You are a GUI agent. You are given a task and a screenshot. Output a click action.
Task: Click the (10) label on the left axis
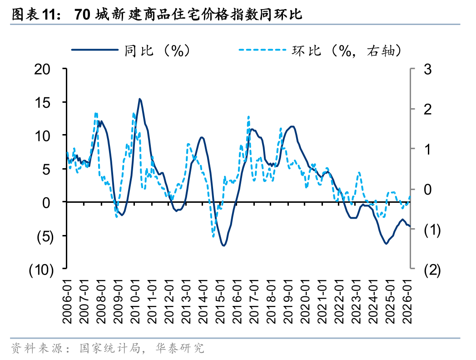(x=41, y=270)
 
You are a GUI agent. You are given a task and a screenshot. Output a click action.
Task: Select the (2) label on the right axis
(x=431, y=270)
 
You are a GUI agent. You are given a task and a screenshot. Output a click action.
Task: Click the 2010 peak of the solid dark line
(x=140, y=99)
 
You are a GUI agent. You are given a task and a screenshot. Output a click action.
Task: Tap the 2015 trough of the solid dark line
(x=224, y=245)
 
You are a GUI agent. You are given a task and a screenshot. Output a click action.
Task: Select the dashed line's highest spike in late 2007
(x=96, y=114)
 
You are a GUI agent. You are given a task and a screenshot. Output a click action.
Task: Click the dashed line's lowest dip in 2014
(x=213, y=235)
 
